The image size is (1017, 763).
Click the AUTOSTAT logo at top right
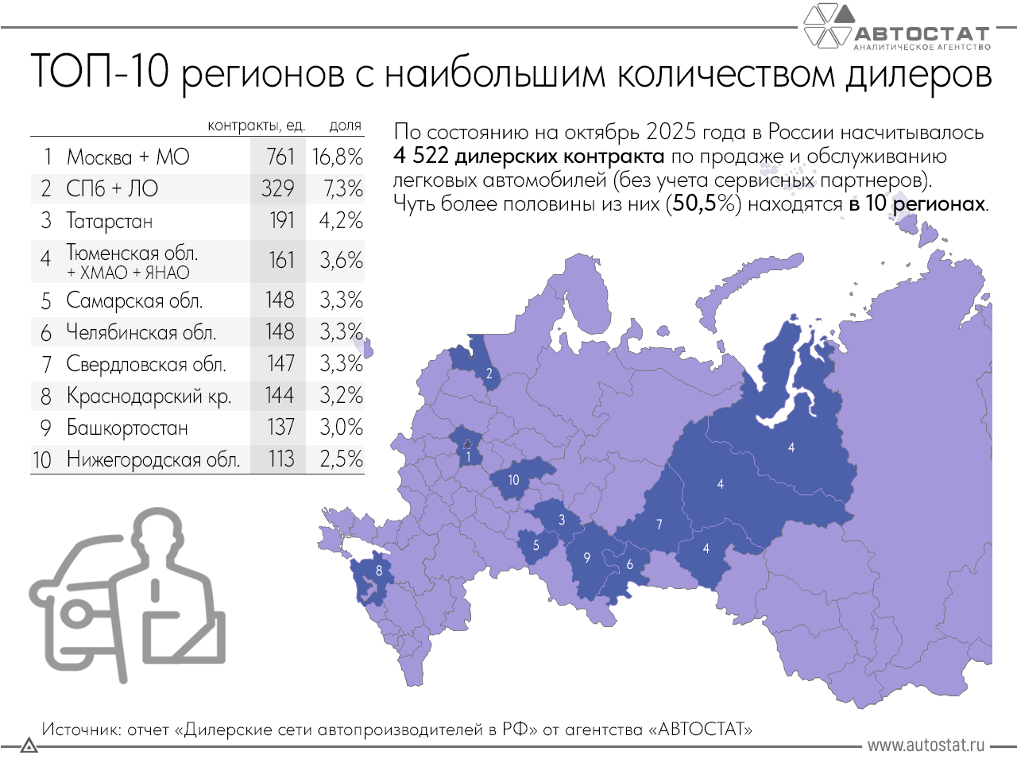point(898,29)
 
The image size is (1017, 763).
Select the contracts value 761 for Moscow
point(280,157)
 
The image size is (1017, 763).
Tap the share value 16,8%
point(338,157)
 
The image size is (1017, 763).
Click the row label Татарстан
point(110,221)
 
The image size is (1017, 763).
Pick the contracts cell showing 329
point(278,189)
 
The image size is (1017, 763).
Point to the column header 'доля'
point(346,126)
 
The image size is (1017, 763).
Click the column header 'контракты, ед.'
point(256,126)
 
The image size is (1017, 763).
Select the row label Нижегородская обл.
point(153,459)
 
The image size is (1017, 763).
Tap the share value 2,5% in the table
point(341,459)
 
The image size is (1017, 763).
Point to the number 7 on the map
point(659,524)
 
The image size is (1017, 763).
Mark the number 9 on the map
point(587,557)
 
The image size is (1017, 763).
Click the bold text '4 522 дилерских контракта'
point(528,156)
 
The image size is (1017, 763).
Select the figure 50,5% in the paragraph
point(703,203)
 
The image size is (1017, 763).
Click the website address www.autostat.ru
point(926,746)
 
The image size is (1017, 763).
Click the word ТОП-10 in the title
point(99,72)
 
